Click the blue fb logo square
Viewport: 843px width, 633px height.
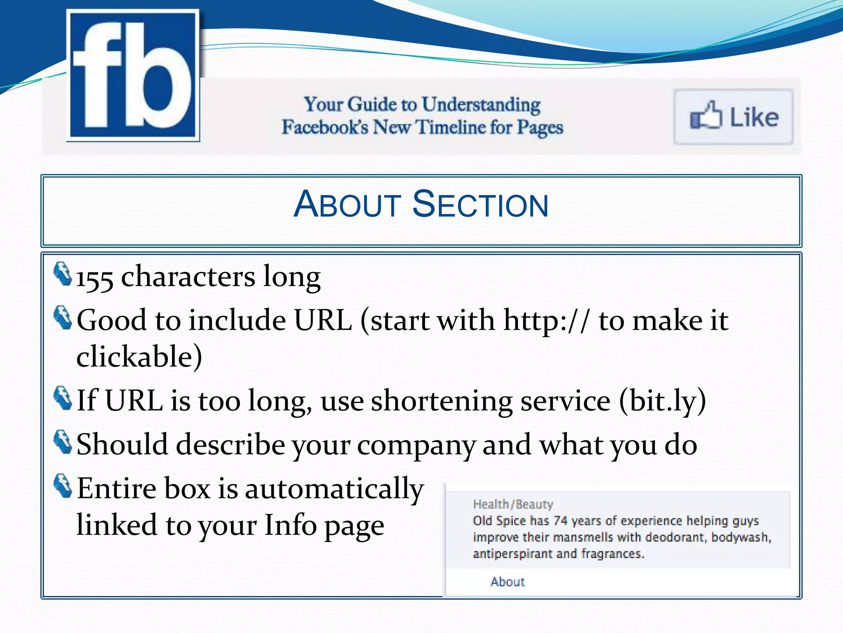coord(133,75)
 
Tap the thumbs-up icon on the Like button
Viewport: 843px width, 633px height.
coord(706,116)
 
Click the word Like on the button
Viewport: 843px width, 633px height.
coord(754,117)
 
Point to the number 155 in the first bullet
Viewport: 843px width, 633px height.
coord(95,279)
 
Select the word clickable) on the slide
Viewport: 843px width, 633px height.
coord(139,357)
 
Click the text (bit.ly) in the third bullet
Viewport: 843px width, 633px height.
coord(662,401)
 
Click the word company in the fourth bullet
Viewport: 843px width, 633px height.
coord(416,445)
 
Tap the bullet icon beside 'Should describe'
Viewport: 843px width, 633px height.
coord(63,442)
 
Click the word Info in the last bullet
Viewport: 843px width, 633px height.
coord(290,525)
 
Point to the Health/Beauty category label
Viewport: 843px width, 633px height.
coord(513,504)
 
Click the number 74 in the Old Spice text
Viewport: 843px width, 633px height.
coord(560,521)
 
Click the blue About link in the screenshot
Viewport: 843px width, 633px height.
coord(508,582)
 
